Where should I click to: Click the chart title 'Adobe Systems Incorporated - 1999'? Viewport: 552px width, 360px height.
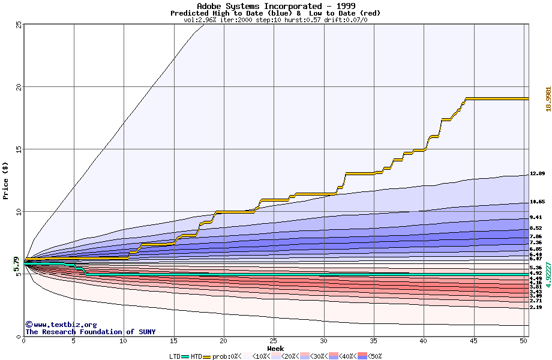pos(275,6)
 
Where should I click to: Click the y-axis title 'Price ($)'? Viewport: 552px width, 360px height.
pos(5,180)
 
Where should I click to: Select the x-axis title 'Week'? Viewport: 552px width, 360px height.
pos(275,348)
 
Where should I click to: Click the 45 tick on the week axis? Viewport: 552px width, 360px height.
pos(473,341)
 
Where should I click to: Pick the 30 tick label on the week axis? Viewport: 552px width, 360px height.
pos(323,341)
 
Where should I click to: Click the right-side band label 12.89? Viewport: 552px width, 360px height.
pos(537,173)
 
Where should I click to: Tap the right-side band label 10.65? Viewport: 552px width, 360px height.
pos(537,202)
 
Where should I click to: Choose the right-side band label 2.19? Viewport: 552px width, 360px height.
pos(537,307)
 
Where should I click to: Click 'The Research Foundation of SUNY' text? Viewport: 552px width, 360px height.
pos(90,332)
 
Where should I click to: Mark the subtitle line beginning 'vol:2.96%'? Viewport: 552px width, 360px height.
pos(275,20)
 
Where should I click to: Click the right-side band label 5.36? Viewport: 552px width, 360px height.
pos(537,268)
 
